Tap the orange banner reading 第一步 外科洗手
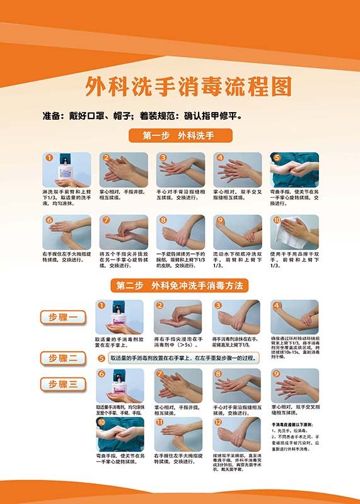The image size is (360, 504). tap(180, 135)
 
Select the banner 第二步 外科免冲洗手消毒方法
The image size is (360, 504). tap(180, 285)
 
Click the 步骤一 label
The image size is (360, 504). tap(63, 318)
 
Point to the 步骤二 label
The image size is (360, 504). tap(63, 358)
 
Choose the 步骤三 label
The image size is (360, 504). tap(63, 384)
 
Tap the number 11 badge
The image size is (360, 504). tap(160, 422)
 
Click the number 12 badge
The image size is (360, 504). tap(219, 422)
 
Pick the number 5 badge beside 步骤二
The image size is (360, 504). tap(102, 358)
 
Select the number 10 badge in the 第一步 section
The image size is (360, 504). tap(276, 220)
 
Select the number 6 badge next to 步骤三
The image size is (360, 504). tap(102, 374)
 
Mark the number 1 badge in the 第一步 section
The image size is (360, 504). tap(48, 157)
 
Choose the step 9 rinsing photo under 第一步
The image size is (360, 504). tap(238, 232)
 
